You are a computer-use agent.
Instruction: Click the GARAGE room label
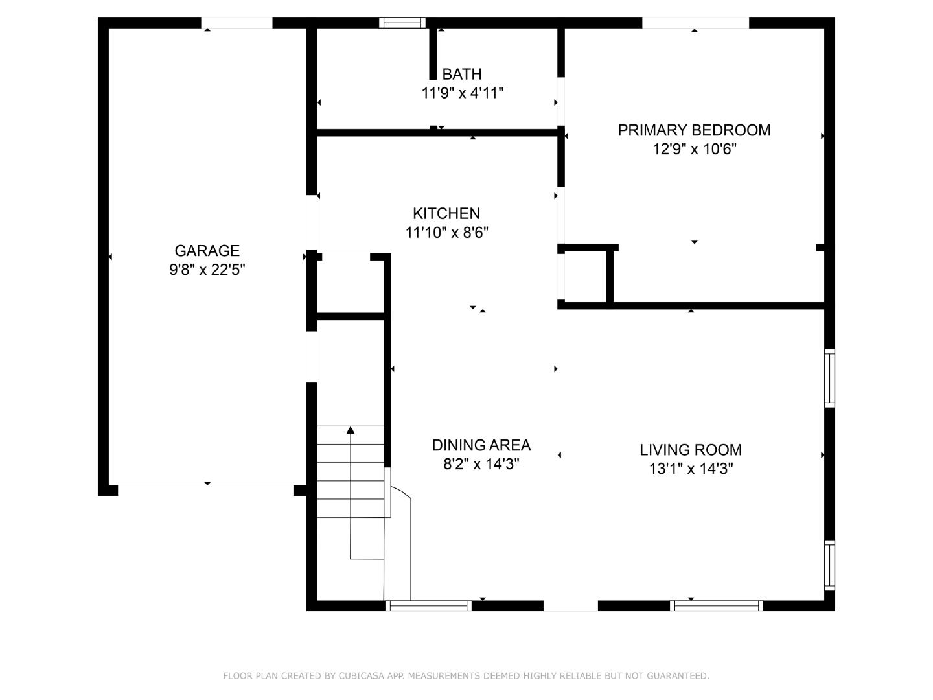click(207, 251)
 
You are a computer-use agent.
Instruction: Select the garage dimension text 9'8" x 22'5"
click(207, 270)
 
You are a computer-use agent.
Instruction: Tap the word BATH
click(461, 74)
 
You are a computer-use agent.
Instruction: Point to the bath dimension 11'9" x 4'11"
click(462, 93)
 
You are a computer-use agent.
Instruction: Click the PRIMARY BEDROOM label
click(694, 130)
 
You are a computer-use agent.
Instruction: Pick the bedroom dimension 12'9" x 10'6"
click(694, 149)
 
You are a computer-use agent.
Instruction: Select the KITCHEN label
click(446, 213)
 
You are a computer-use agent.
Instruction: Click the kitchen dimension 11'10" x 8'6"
click(446, 233)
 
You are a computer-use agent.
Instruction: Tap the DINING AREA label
click(481, 445)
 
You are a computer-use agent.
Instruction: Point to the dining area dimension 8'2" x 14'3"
click(481, 463)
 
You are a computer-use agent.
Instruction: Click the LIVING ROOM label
click(690, 450)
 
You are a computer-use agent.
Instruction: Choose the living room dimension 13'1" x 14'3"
click(691, 469)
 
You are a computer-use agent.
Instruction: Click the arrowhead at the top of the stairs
click(351, 430)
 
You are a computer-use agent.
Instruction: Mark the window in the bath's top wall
click(402, 23)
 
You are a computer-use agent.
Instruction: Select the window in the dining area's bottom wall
click(428, 605)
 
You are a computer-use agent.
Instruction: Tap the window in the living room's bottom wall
click(716, 605)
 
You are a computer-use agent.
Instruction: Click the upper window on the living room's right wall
click(829, 378)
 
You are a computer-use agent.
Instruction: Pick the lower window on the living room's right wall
click(829, 565)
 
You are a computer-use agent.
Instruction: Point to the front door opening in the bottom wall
click(570, 605)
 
